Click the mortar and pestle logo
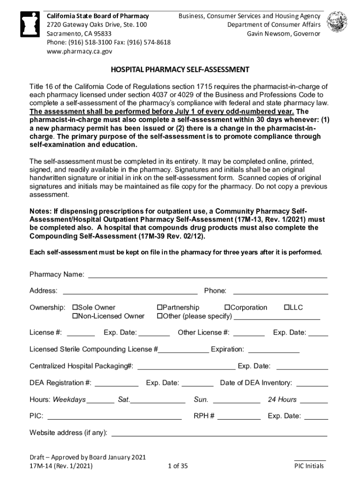(31, 27)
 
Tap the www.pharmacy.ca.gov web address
(79, 51)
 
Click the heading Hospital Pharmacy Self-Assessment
(180, 70)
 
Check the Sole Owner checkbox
(75, 307)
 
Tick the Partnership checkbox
(159, 307)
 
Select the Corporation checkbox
(228, 307)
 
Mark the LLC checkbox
(287, 307)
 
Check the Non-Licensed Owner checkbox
(75, 316)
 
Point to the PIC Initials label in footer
(309, 466)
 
